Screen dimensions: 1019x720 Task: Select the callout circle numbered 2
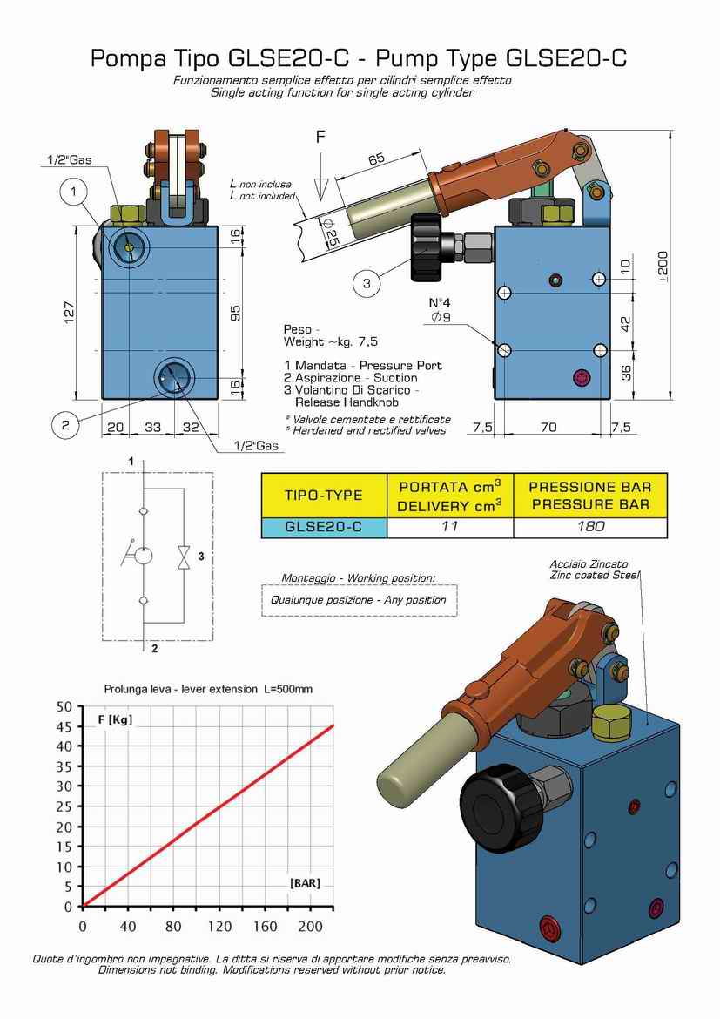pyautogui.click(x=64, y=425)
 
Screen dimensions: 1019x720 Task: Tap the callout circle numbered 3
pyautogui.click(x=367, y=283)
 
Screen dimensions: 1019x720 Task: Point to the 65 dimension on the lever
pyautogui.click(x=375, y=159)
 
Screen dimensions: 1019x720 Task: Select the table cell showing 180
pyautogui.click(x=590, y=526)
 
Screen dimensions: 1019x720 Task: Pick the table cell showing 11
pyautogui.click(x=449, y=526)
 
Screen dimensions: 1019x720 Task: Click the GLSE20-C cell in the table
pyautogui.click(x=323, y=526)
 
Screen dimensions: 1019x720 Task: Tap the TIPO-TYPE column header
pyautogui.click(x=323, y=495)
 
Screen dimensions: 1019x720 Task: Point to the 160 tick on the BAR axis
pyautogui.click(x=266, y=926)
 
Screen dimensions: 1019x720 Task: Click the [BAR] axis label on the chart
pyautogui.click(x=305, y=883)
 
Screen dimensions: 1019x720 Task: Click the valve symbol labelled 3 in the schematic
pyautogui.click(x=184, y=558)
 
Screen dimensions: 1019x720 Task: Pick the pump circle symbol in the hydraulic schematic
pyautogui.click(x=142, y=556)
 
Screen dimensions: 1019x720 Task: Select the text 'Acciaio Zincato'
pyautogui.click(x=589, y=564)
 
